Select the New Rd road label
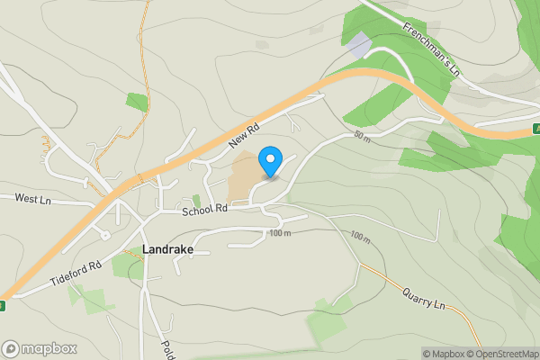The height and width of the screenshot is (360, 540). [243, 137]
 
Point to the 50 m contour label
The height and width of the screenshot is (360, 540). [362, 136]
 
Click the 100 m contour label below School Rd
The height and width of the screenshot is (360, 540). [279, 234]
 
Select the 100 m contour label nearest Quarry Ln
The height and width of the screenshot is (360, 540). [360, 238]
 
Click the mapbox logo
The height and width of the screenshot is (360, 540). [38, 348]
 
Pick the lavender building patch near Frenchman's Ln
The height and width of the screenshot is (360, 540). [357, 45]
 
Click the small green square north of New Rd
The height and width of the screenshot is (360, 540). [137, 102]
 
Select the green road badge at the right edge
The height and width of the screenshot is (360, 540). [536, 129]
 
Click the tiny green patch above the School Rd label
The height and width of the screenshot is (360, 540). [195, 200]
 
